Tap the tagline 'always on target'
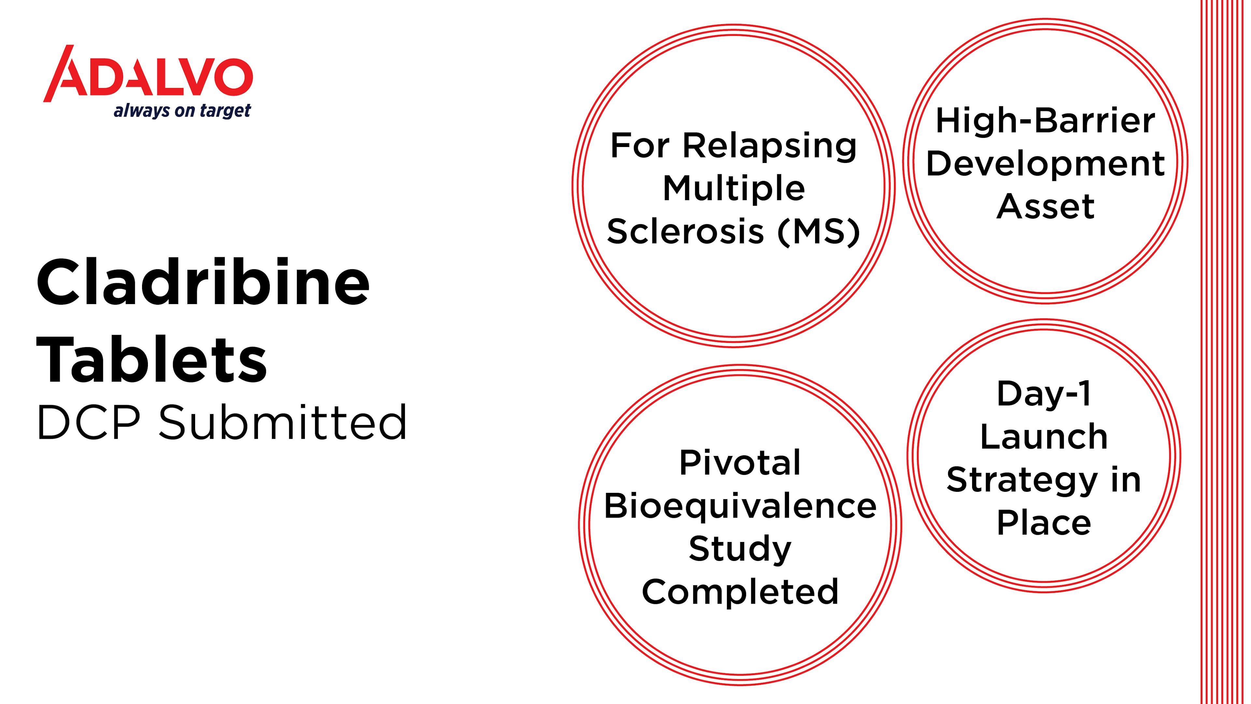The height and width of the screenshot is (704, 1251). tap(182, 111)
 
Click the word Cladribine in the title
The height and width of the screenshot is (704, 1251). tap(203, 282)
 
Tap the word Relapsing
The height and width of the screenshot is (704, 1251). tap(770, 147)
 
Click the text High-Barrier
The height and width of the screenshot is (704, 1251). tap(1045, 122)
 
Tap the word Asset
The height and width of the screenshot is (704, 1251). tap(1045, 207)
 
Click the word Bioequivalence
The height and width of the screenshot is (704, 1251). tap(740, 506)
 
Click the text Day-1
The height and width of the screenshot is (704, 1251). tap(1044, 393)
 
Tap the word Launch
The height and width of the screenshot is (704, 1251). tap(1044, 436)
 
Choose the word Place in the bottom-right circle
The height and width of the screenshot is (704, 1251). tap(1044, 523)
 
